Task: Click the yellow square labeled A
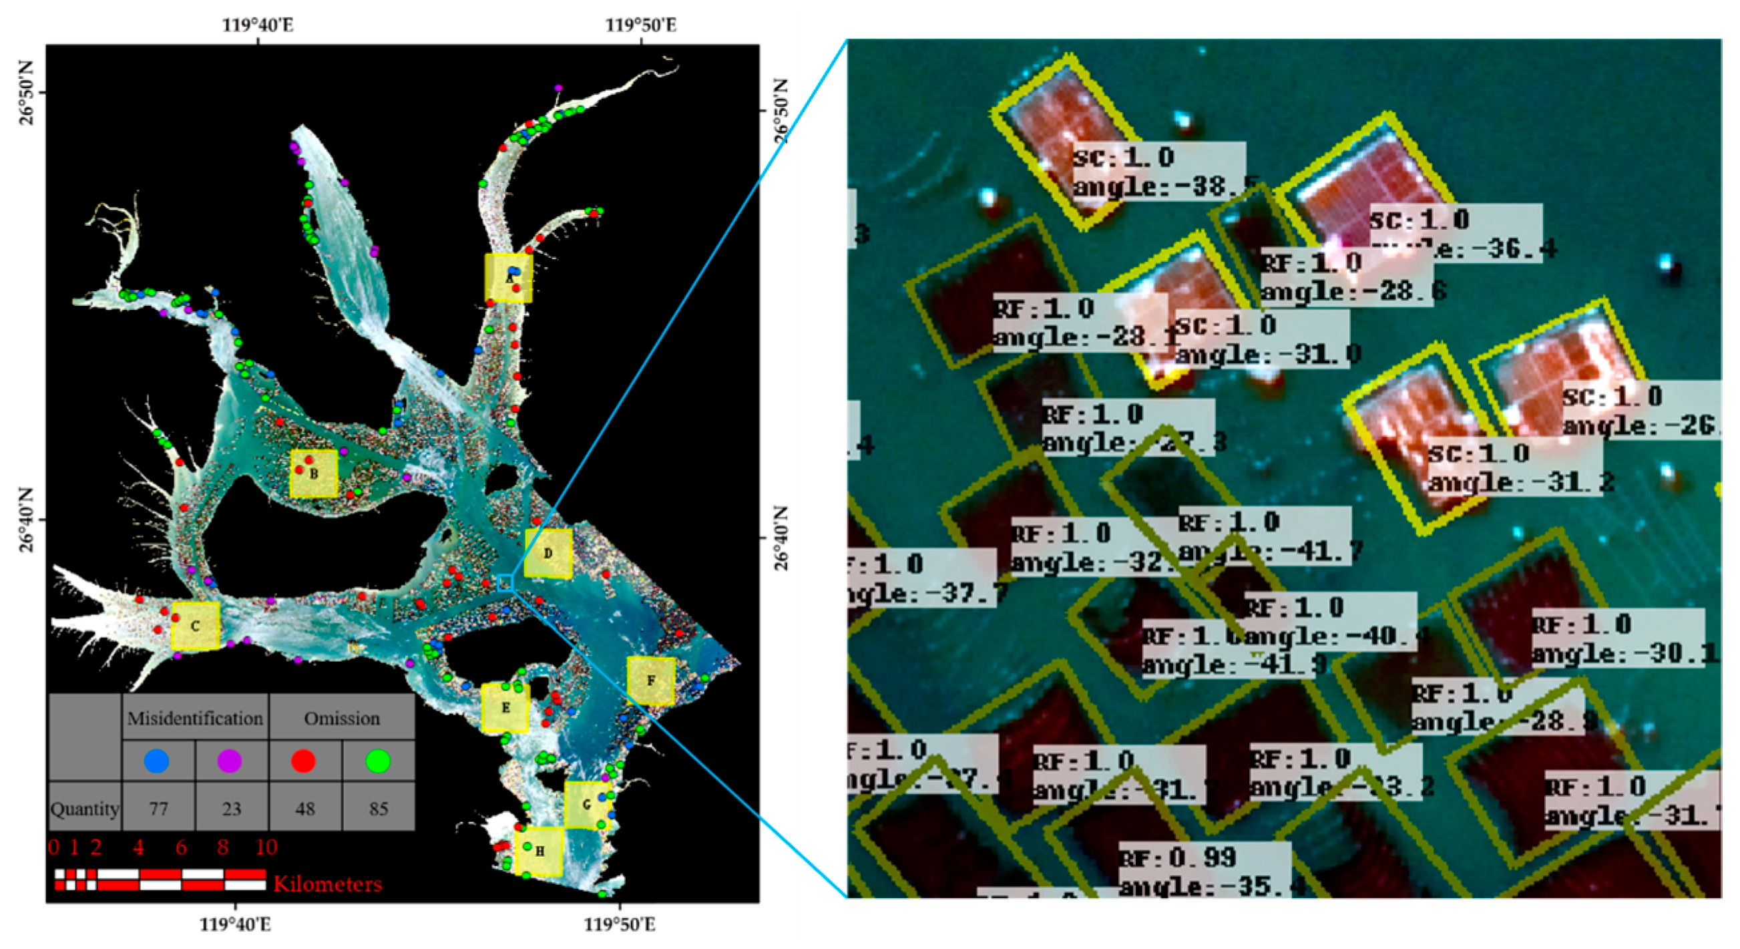509,278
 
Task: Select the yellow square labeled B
314,473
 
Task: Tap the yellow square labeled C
195,626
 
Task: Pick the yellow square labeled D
548,553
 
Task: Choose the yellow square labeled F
650,680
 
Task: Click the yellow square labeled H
539,851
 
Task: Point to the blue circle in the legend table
157,761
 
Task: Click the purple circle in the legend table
230,761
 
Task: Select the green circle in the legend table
378,761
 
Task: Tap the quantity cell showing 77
159,808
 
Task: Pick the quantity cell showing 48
304,808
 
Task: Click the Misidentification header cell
195,718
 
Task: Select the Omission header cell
342,718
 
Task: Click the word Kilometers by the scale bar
328,884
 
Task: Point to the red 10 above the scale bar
266,847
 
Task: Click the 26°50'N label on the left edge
25,93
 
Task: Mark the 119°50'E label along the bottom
620,924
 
